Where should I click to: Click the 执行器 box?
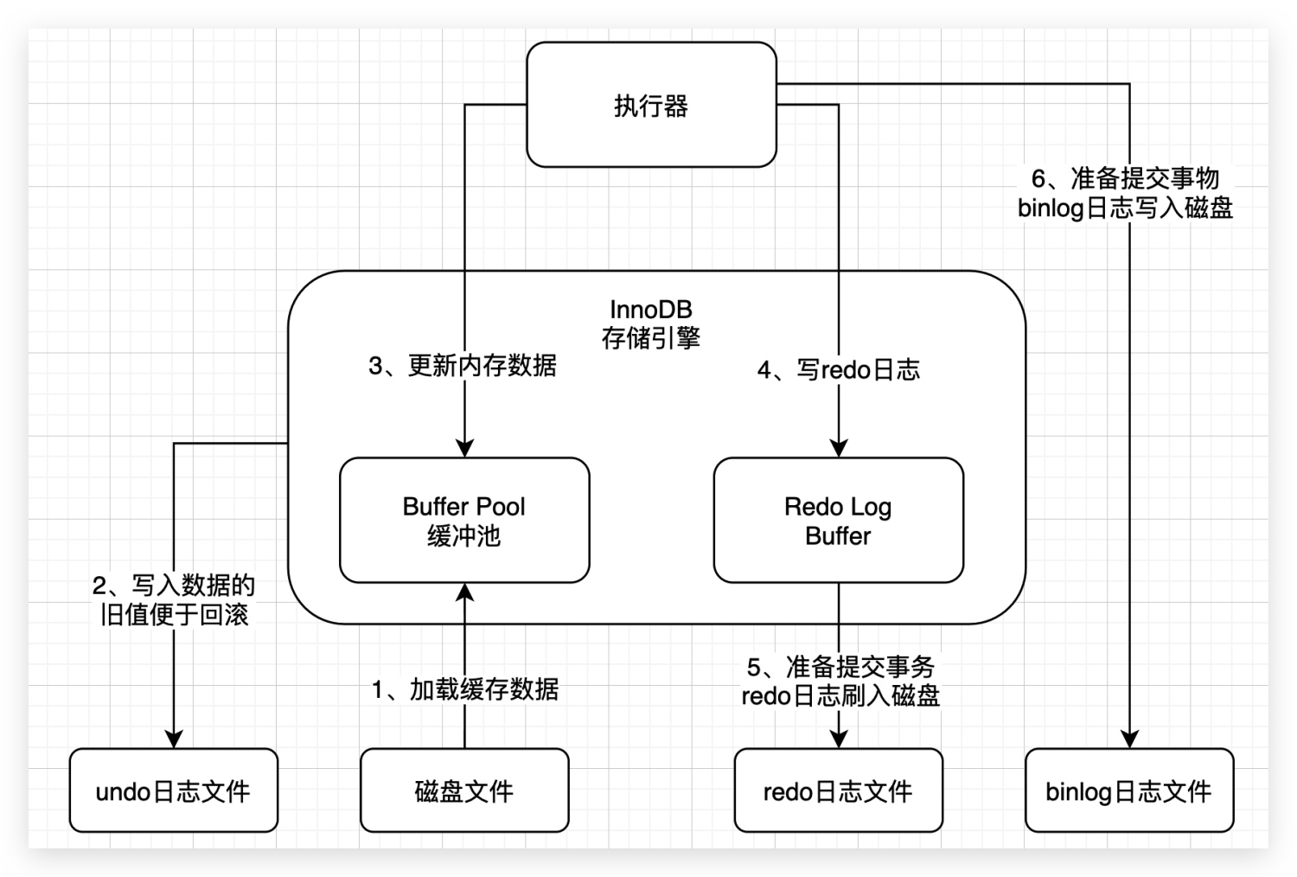click(651, 106)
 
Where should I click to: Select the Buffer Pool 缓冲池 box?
click(464, 520)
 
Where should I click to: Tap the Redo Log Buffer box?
click(838, 520)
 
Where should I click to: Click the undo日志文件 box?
click(173, 791)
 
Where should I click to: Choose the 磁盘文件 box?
click(464, 791)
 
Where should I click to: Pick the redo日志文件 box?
click(838, 791)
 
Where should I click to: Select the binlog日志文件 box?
click(1128, 791)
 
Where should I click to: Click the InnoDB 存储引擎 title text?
click(651, 323)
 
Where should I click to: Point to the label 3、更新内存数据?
click(463, 366)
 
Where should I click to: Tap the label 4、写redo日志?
click(838, 370)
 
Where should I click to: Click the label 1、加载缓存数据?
click(465, 689)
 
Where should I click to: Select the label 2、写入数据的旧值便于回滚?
click(174, 600)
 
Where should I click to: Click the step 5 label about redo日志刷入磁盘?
click(840, 682)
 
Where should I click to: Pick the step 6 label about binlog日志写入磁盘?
click(1125, 193)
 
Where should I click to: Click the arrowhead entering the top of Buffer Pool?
click(464, 448)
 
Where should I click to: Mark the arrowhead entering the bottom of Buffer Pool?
click(464, 592)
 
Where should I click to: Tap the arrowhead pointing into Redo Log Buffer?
click(838, 448)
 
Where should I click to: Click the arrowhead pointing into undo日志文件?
click(174, 739)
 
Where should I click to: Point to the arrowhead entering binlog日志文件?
click(1129, 739)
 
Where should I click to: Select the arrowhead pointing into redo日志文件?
click(838, 739)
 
